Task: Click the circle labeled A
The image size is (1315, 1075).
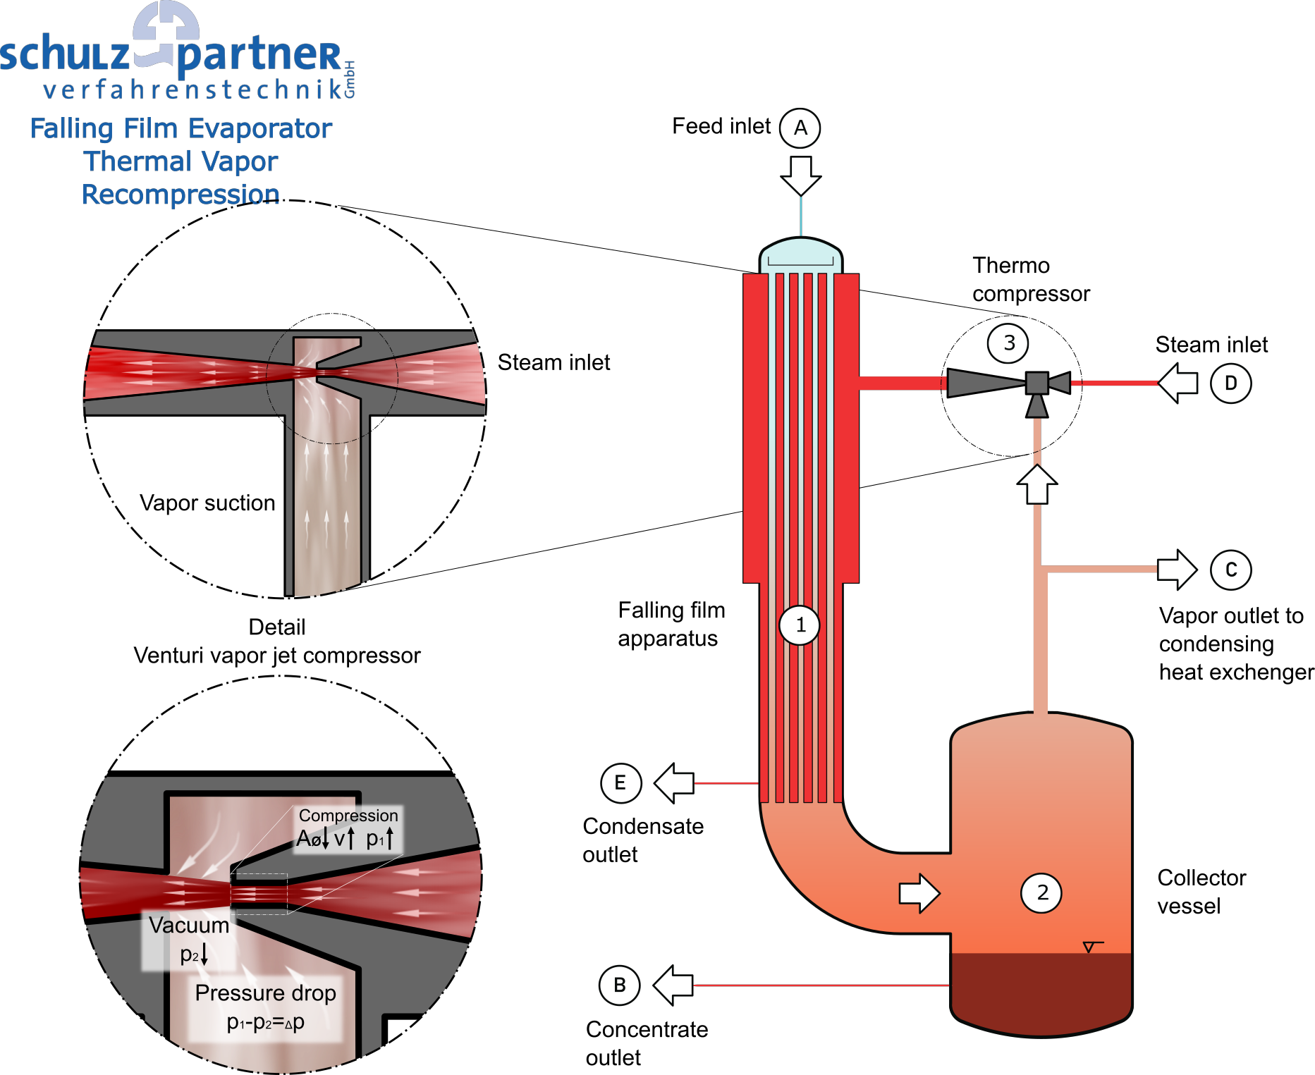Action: (x=800, y=128)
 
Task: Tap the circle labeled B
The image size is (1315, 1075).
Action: (x=620, y=985)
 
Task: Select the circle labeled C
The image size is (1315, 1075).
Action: (x=1231, y=570)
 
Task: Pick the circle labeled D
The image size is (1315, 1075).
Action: (x=1231, y=383)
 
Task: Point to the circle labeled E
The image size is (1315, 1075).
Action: (x=621, y=782)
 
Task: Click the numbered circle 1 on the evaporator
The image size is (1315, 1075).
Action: (x=800, y=625)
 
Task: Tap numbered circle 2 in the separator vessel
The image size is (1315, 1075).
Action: (x=1041, y=892)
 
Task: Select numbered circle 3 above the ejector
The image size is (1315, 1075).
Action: (x=1008, y=343)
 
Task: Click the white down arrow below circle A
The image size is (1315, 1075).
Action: (x=801, y=175)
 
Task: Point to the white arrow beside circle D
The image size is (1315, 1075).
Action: (x=1178, y=383)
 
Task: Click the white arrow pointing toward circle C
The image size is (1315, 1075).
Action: (x=1177, y=569)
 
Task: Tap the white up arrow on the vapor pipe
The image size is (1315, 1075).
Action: (x=1037, y=484)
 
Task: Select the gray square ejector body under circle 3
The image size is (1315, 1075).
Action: (x=1036, y=383)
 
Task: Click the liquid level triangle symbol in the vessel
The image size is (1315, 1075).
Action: (x=1089, y=947)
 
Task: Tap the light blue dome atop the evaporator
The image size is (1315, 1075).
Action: (x=801, y=252)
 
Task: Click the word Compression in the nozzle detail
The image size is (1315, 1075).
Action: (x=348, y=816)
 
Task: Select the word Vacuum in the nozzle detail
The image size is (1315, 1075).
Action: (x=189, y=925)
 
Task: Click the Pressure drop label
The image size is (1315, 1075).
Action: (x=266, y=993)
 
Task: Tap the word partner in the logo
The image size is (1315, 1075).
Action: (x=259, y=56)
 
